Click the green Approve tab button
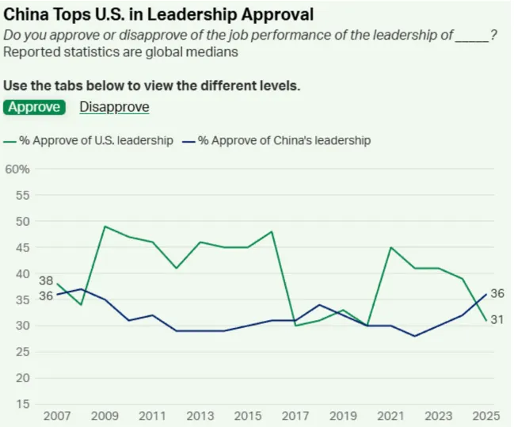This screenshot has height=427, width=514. [34, 107]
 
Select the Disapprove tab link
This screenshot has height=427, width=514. [114, 107]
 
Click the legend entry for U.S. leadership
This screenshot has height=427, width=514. [88, 141]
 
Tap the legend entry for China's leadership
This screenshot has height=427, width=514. [276, 141]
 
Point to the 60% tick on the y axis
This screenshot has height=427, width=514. [17, 170]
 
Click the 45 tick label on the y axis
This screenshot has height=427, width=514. [23, 248]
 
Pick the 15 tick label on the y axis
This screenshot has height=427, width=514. [23, 404]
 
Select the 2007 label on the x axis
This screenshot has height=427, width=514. [57, 416]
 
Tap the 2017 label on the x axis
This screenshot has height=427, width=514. [295, 416]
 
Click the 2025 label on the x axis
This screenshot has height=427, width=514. [486, 416]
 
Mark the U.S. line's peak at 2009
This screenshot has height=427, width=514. [105, 227]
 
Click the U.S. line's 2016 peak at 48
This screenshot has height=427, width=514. [272, 231]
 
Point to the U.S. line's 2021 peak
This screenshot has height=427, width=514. [391, 247]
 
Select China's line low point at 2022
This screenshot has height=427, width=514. [415, 336]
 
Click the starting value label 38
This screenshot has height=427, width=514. [46, 280]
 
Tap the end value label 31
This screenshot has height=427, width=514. [497, 319]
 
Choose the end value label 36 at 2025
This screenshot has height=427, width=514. [497, 294]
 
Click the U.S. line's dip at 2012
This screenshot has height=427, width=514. [177, 269]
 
